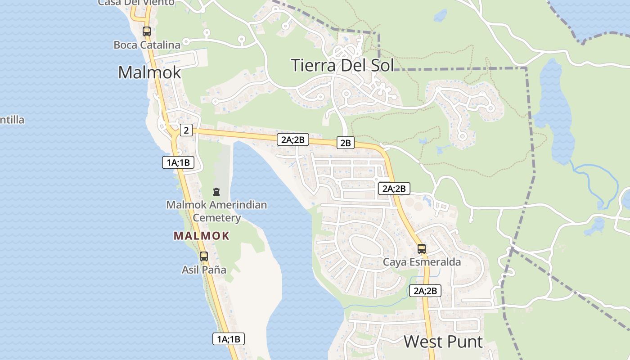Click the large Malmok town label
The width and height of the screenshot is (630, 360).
149,72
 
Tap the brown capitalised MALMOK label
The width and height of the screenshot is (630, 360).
202,236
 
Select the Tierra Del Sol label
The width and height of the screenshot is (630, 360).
342,65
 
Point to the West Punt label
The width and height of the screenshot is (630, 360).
443,342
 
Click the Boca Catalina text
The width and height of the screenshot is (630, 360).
147,45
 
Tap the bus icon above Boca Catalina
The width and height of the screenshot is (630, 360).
146,31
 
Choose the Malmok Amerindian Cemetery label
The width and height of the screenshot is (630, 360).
216,211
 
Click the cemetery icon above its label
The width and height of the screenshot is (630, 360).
216,192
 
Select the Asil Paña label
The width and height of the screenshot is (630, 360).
204,270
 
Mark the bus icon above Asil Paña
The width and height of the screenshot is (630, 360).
204,256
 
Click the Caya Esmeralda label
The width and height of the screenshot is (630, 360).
422,262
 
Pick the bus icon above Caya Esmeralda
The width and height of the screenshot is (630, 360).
422,248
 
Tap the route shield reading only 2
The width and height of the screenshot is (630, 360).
186,130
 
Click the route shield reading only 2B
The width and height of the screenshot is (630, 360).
345,143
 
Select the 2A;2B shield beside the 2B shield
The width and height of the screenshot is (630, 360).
293,139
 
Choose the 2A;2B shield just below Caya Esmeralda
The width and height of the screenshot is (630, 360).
425,291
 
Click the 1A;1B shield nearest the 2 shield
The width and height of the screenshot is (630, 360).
178,162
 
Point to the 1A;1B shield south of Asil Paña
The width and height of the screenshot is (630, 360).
229,339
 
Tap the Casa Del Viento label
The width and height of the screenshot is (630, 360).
136,3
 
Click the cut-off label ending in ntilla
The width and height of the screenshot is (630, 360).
12,120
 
